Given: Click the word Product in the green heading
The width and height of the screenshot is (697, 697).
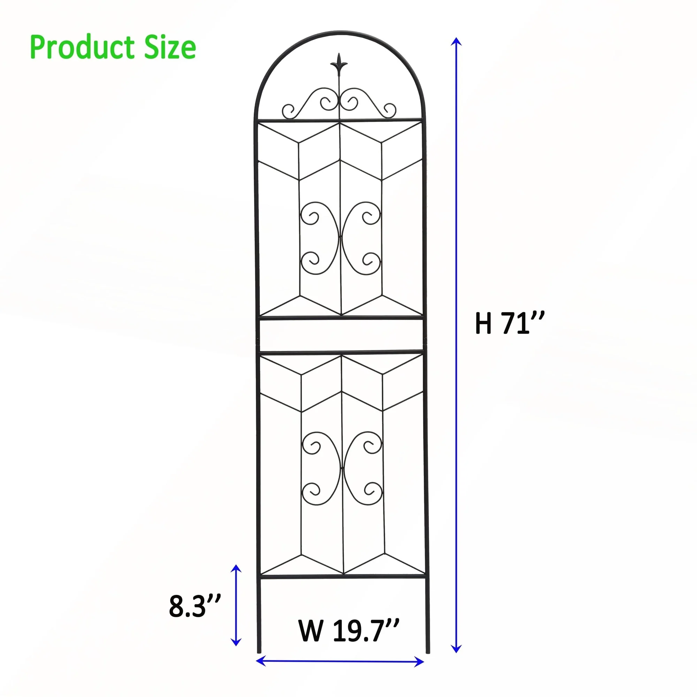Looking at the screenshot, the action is (x=82, y=48).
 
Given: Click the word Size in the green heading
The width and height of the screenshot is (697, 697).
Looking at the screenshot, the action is (x=170, y=48).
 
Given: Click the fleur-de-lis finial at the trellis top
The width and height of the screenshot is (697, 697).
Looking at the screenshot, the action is (x=339, y=65).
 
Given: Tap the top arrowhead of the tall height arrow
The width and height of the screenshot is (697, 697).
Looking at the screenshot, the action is (x=457, y=41).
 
